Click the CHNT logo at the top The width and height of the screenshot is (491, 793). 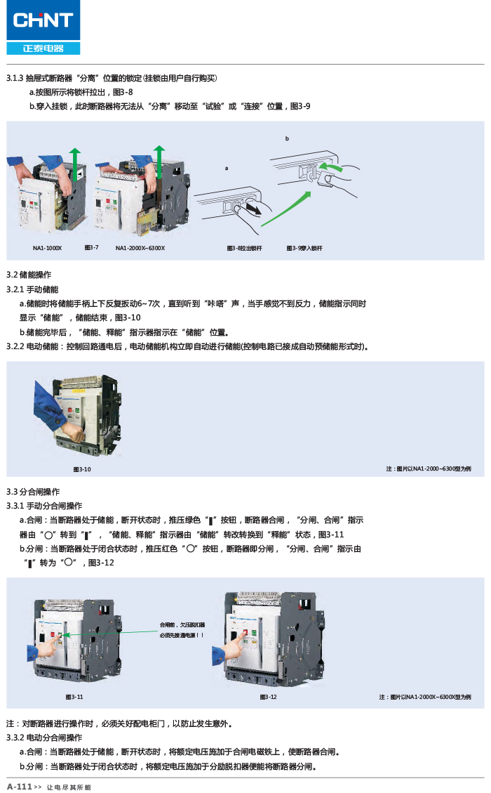tap(43, 27)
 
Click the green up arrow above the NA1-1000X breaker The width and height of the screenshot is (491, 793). tap(75, 165)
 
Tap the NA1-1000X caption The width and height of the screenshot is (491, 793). tap(47, 249)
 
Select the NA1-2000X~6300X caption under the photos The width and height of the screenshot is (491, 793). tap(140, 249)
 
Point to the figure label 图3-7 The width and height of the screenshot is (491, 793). tap(91, 248)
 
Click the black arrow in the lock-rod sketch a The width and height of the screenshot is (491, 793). tap(254, 209)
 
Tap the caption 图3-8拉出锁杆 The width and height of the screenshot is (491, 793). tap(245, 249)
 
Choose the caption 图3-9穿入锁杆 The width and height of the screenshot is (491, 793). tap(304, 249)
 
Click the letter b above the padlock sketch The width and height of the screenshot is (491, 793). tap(287, 138)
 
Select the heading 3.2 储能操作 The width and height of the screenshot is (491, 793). tap(29, 275)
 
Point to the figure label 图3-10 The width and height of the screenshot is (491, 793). tap(82, 470)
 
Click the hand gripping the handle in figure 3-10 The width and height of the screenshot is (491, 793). tap(73, 433)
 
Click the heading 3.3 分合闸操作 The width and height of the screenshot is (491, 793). tap(33, 492)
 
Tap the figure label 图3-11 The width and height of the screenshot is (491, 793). tap(74, 697)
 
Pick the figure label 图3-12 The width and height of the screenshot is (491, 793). tap(268, 697)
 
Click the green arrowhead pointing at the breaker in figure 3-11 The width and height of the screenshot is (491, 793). tap(65, 634)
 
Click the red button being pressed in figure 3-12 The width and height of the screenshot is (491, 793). tap(245, 632)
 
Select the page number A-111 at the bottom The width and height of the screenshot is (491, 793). tap(20, 787)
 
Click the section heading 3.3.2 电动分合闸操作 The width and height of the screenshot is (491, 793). tap(44, 738)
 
